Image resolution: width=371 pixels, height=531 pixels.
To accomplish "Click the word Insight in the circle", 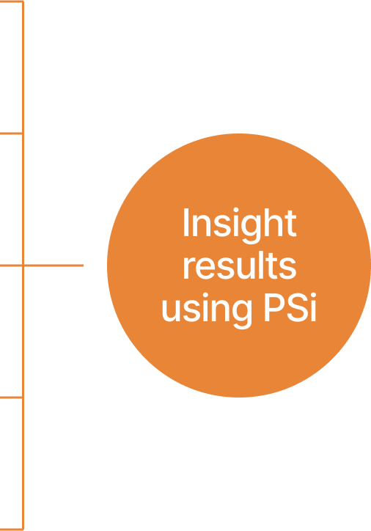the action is (240, 225).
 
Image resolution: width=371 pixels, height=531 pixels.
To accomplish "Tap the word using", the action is (207, 310).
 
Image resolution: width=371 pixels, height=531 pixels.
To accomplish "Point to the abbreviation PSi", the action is (290, 307).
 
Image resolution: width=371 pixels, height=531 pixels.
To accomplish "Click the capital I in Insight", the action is (185, 221).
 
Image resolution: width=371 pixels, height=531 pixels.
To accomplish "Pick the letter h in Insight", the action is (273, 221).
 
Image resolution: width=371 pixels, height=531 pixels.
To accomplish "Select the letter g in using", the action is (242, 315).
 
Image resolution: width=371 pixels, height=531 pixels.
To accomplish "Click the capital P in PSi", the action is (274, 307).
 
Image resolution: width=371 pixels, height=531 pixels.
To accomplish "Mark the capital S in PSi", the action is (297, 307).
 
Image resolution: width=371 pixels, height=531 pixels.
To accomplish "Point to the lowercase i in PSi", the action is (313, 307).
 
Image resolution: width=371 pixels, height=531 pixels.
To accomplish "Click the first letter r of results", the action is (188, 269).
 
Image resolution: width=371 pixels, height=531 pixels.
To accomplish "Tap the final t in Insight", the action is (291, 223).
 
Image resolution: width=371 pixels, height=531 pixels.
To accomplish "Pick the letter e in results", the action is (205, 269).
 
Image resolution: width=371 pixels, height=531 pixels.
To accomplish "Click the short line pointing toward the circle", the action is (54, 265).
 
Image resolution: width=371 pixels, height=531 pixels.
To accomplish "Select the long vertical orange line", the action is (23, 265).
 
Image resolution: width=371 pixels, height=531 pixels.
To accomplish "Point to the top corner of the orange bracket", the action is (23, 1).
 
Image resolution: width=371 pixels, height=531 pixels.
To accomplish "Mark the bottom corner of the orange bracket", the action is (23, 530).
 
